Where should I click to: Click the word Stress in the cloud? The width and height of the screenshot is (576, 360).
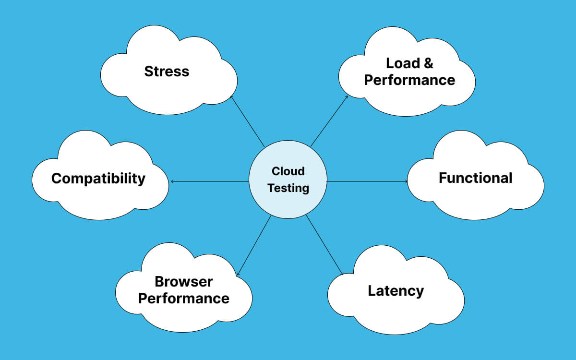[167, 72]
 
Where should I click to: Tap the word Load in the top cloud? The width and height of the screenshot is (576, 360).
[403, 63]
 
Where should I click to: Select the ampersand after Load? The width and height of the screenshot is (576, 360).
[428, 63]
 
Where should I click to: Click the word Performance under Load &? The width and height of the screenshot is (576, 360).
[409, 80]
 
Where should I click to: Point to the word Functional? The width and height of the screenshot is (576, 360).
[475, 178]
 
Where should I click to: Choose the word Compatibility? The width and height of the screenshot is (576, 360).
[98, 179]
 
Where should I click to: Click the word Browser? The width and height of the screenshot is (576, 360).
[183, 281]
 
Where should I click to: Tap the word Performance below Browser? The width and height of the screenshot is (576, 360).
[183, 298]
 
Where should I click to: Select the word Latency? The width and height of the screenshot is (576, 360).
[396, 291]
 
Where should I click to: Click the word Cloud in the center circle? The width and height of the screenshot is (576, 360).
[288, 171]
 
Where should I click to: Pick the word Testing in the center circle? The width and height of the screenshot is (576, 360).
[288, 188]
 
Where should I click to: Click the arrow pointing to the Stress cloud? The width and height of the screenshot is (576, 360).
[247, 120]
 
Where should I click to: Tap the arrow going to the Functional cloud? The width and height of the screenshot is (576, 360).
[367, 181]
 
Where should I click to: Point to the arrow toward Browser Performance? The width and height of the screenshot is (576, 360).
[254, 245]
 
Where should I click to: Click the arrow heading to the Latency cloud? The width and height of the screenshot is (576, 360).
[324, 245]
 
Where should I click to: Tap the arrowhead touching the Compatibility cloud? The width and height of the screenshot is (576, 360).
[172, 181]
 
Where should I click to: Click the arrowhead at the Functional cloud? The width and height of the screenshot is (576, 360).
[406, 181]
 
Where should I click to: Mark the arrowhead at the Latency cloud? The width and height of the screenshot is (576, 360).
[342, 274]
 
